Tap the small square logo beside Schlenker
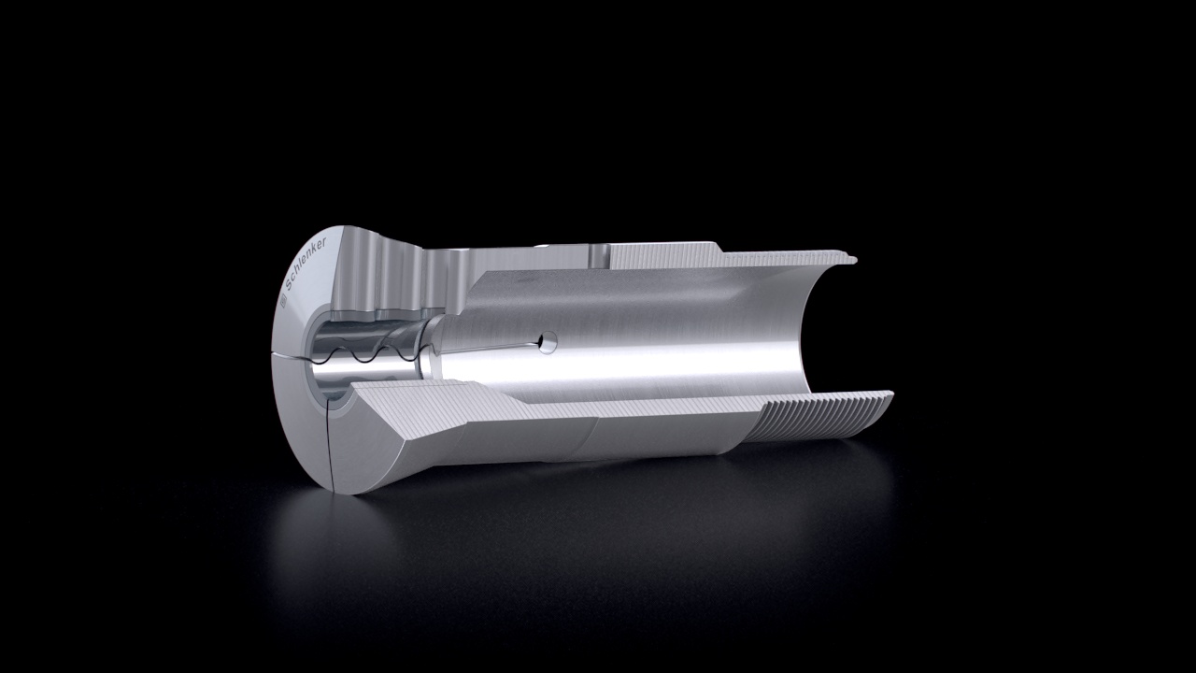point(283,301)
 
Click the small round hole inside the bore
point(548,341)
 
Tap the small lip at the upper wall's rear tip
point(851,260)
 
